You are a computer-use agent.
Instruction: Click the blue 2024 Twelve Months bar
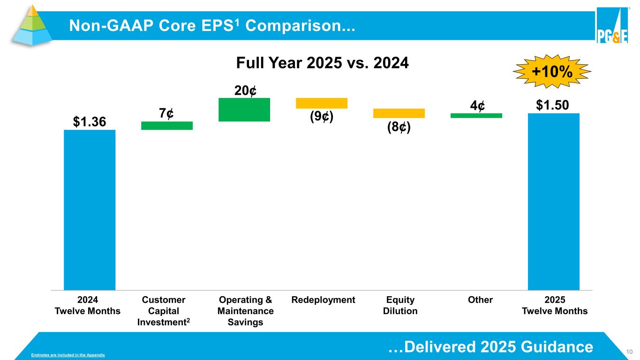pyautogui.click(x=90, y=210)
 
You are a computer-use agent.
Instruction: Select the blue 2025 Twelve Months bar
pyautogui.click(x=553, y=202)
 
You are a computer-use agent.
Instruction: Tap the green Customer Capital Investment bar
pyautogui.click(x=167, y=126)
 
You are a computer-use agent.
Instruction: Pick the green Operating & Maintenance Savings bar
pyautogui.click(x=244, y=110)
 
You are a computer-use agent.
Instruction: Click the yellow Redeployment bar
pyautogui.click(x=321, y=103)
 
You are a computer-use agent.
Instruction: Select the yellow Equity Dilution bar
pyautogui.click(x=399, y=113)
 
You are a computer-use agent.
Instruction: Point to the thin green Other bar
pyautogui.click(x=476, y=115)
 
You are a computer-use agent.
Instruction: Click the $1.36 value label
pyautogui.click(x=89, y=122)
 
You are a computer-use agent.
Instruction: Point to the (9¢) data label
pyautogui.click(x=322, y=117)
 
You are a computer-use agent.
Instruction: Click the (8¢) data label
pyautogui.click(x=399, y=127)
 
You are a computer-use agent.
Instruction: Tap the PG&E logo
pyautogui.click(x=612, y=26)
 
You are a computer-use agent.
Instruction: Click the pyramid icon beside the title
pyautogui.click(x=31, y=25)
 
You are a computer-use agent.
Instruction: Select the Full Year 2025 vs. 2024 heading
pyautogui.click(x=322, y=62)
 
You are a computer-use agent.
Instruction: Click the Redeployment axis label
pyautogui.click(x=323, y=300)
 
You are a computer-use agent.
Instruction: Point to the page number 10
pyautogui.click(x=630, y=352)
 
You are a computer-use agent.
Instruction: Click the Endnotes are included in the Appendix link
pyautogui.click(x=68, y=356)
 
